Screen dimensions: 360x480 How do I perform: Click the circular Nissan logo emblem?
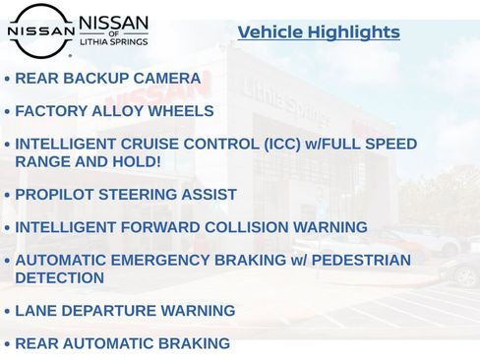point(40,30)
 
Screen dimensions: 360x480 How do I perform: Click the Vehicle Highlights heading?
point(319,32)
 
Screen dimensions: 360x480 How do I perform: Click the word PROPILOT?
point(56,195)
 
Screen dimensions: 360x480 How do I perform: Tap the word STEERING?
point(140,195)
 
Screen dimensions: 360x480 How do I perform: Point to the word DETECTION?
point(59,277)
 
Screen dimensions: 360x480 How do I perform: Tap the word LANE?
point(35,311)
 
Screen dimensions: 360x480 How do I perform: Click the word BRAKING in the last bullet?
point(194,344)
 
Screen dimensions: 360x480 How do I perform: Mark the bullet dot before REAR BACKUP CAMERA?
point(8,80)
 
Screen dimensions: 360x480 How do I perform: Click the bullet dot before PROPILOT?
point(8,196)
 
